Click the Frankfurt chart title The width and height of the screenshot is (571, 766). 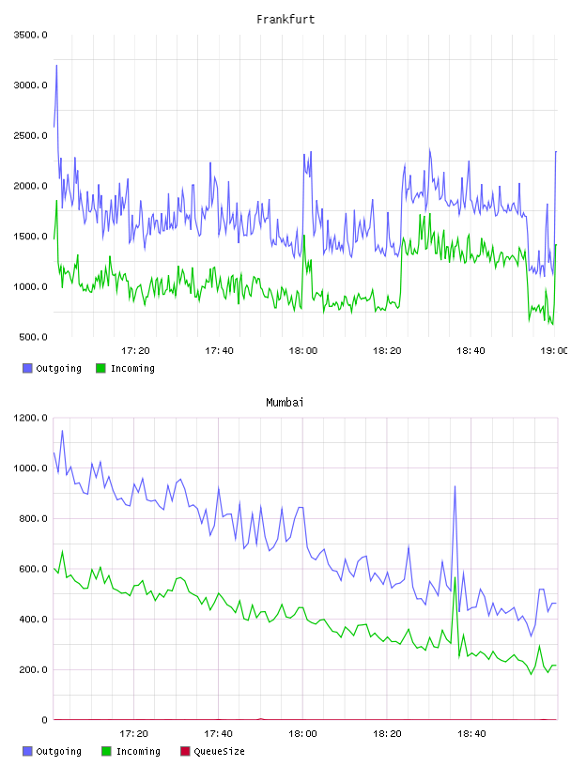pos(285,19)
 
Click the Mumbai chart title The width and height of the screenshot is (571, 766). pos(285,402)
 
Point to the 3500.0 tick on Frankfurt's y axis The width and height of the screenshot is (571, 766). pos(30,35)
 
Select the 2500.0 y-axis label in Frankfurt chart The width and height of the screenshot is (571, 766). pos(30,135)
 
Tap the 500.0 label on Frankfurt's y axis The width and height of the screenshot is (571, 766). pos(33,337)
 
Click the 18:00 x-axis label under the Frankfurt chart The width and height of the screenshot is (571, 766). pos(302,350)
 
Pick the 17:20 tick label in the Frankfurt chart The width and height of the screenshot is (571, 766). pos(135,350)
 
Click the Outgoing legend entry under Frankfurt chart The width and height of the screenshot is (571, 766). pos(52,368)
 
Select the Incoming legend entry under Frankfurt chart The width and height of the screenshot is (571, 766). pos(126,368)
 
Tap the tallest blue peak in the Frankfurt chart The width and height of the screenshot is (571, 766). pos(56,66)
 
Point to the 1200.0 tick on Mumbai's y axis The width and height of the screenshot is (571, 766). pos(30,418)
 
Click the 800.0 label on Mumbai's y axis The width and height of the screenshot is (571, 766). pos(33,518)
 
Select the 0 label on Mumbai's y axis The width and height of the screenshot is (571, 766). pos(44,720)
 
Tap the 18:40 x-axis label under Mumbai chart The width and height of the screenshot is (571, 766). pos(471,733)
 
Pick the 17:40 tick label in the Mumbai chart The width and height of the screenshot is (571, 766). pos(218,733)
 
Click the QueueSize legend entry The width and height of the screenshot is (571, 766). pos(212,751)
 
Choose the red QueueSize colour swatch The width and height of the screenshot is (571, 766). pos(185,751)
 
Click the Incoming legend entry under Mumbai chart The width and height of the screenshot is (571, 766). pos(131,751)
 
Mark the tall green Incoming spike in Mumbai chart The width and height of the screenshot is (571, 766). pos(455,578)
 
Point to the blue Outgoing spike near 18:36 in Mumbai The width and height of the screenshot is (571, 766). pos(455,486)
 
